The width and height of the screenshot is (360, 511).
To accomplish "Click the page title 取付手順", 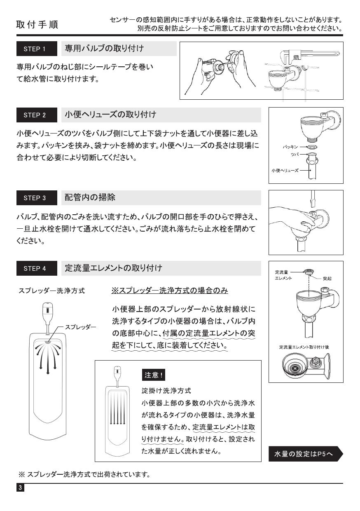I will click(37, 24).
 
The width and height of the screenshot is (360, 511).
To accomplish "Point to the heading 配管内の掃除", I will click(90, 197).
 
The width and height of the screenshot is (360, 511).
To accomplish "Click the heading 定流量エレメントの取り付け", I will click(113, 268).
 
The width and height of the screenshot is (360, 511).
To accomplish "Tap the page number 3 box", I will click(20, 488).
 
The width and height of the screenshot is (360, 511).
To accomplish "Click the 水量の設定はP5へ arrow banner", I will click(305, 454).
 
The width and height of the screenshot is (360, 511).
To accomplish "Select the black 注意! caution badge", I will click(154, 375).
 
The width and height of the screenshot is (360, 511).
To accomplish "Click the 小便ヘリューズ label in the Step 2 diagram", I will click(284, 170).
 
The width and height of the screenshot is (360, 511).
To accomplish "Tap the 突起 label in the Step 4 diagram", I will click(327, 279).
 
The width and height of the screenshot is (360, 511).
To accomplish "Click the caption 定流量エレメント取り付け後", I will click(304, 347).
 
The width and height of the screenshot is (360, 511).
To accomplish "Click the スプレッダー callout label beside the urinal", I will click(80, 327).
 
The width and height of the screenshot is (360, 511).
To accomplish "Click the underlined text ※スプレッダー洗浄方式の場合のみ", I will click(169, 291).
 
